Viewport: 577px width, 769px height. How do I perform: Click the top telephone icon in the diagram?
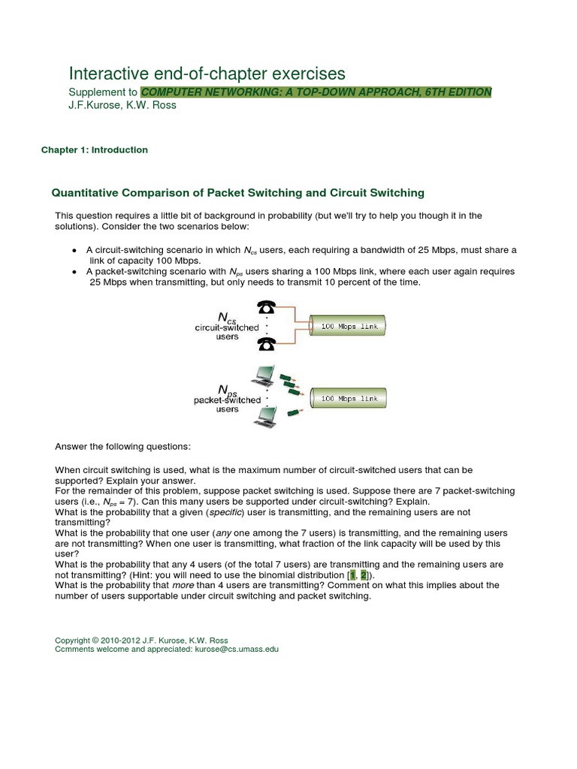pos(267,308)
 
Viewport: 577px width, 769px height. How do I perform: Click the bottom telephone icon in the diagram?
pos(267,343)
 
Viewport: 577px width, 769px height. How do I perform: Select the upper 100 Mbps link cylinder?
pos(349,327)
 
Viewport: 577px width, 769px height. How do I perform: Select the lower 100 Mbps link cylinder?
pos(349,399)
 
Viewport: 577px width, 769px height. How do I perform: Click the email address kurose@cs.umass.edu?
pos(237,649)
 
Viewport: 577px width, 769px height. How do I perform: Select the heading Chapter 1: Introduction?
pos(94,150)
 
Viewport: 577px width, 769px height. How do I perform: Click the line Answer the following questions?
pos(123,447)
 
